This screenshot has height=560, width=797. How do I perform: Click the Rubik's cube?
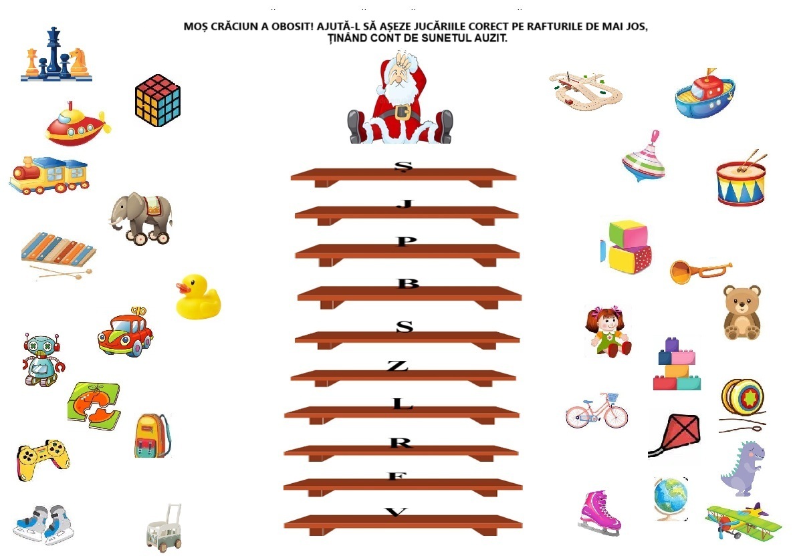tap(158, 100)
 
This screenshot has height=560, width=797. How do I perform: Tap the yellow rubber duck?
tap(198, 297)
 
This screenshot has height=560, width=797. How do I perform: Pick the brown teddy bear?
tap(742, 312)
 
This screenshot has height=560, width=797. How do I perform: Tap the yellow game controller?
tap(43, 460)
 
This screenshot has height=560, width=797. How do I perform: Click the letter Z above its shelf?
tap(397, 366)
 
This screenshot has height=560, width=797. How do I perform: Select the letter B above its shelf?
tap(408, 283)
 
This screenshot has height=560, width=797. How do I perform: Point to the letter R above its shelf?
tap(401, 442)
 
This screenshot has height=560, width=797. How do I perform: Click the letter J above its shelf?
tap(405, 204)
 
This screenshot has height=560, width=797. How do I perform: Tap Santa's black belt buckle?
tap(403, 112)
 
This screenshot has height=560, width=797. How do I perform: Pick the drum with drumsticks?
tap(742, 178)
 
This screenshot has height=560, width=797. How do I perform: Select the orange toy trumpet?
tap(701, 271)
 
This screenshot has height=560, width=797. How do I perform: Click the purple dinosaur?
tap(743, 468)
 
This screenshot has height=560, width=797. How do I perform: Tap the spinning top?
tap(644, 157)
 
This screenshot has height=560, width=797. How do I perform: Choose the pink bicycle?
tap(596, 410)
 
